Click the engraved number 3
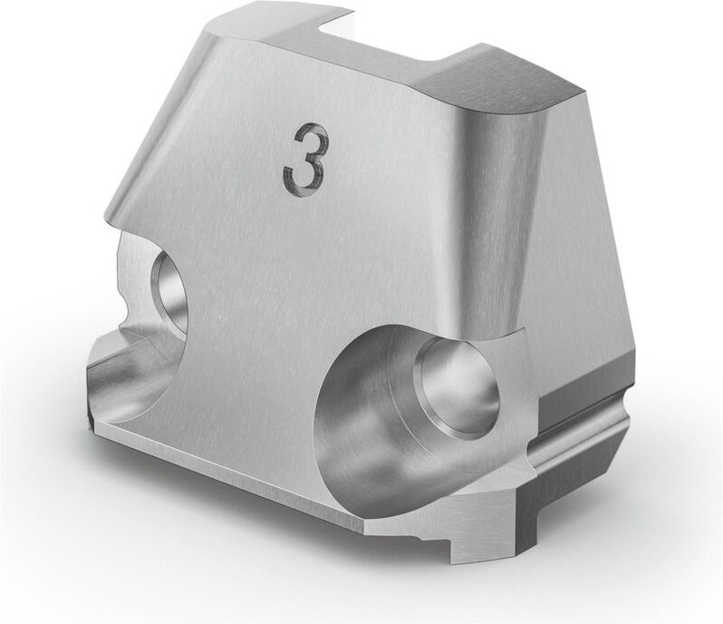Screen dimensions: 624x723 coord(303,161)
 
